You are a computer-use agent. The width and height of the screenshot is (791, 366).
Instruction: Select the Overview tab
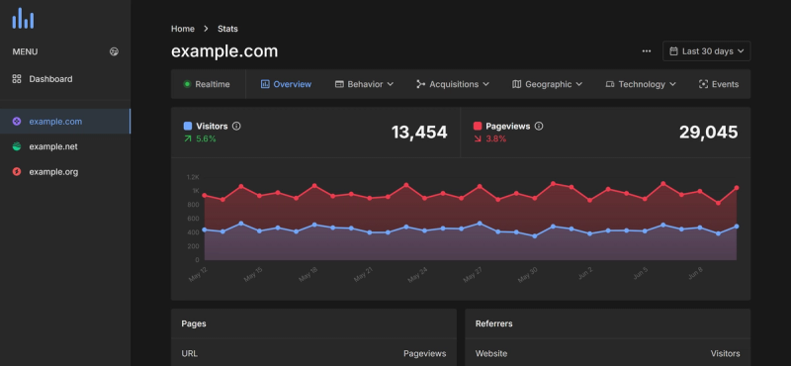(x=286, y=84)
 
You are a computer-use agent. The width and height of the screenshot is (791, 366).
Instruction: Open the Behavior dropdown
(x=365, y=84)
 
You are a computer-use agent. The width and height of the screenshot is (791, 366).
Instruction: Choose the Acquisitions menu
(x=453, y=84)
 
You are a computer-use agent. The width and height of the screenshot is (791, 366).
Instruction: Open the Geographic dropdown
(x=547, y=84)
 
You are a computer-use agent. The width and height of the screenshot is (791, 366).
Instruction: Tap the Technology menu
(x=641, y=84)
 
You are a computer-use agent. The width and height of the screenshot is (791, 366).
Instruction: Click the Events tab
(x=719, y=84)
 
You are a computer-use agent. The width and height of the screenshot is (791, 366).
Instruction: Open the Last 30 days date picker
(x=706, y=50)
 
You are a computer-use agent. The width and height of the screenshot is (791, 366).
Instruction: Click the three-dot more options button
(x=647, y=50)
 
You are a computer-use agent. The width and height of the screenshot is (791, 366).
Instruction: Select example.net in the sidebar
(x=53, y=146)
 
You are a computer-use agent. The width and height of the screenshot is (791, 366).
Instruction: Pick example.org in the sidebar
(x=53, y=172)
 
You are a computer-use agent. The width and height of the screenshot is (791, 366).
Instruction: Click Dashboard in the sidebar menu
(x=49, y=78)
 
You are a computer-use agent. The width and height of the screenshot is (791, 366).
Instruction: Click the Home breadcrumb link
(x=182, y=29)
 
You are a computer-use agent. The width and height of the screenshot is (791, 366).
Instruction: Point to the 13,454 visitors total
(x=419, y=132)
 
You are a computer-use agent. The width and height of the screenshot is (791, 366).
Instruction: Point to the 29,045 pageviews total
(x=709, y=132)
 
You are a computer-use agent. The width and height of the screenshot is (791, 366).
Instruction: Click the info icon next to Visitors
(x=236, y=126)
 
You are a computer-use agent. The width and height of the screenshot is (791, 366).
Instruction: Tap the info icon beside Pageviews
(x=539, y=126)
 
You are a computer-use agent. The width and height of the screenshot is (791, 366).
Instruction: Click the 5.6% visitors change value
(x=206, y=138)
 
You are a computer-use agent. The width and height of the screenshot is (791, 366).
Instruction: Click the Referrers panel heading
(x=493, y=323)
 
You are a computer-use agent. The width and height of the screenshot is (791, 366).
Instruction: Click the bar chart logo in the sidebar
(x=22, y=18)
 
